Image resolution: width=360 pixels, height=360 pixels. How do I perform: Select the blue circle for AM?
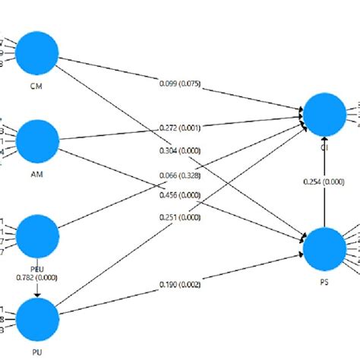(x=37, y=139)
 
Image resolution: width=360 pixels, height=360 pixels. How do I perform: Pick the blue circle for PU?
(x=37, y=320)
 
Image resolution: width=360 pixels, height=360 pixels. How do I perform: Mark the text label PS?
(x=324, y=282)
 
